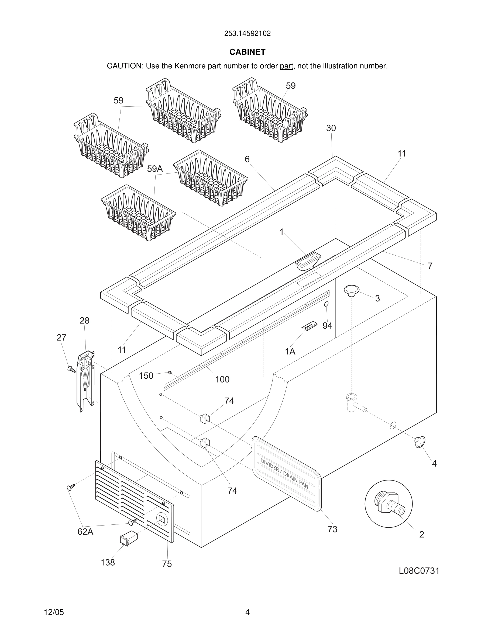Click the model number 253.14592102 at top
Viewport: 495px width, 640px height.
247,33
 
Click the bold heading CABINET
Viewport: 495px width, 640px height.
247,52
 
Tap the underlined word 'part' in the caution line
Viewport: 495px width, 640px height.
286,66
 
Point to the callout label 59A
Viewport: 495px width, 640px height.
154,169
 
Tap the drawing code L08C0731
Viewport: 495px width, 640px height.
419,571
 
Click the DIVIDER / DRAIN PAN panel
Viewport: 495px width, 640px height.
286,474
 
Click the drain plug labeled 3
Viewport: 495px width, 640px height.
351,290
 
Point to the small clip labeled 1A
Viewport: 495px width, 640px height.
310,326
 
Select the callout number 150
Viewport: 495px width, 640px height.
146,376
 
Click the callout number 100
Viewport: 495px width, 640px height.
222,380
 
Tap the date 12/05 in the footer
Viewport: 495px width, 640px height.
54,612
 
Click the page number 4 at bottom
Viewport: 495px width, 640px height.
247,612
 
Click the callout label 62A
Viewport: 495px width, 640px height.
85,532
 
